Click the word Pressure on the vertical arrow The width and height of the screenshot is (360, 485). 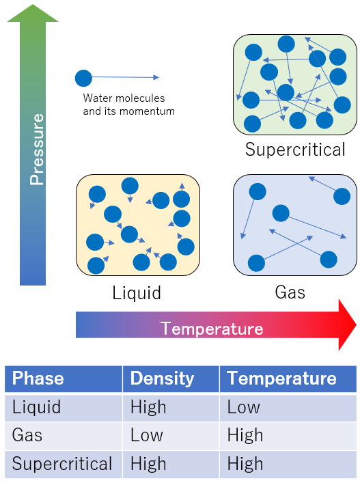tap(37, 150)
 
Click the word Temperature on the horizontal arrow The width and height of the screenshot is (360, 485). tap(212, 329)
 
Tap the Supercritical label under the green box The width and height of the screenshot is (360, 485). tap(295, 150)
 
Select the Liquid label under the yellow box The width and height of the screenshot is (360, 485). tap(137, 292)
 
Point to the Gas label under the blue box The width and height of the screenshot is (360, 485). tap(290, 292)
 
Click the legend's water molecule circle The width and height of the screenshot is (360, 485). tap(83, 78)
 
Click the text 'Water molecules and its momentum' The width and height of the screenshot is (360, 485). tap(128, 105)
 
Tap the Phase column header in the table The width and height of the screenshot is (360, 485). tap(38, 378)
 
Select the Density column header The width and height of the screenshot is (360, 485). tap(162, 378)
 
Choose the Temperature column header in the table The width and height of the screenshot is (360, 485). tap(281, 378)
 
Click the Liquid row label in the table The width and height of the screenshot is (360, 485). tap(36, 407)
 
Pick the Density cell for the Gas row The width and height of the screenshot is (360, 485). tap(147, 435)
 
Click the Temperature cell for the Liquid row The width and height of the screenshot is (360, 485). tap(244, 407)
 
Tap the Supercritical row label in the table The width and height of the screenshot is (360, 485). tap(62, 464)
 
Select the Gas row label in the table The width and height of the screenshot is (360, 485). tap(27, 435)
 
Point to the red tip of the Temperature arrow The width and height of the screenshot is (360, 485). tap(357, 324)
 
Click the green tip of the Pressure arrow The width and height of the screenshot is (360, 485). tap(33, 5)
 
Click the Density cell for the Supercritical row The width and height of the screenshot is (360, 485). tap(148, 464)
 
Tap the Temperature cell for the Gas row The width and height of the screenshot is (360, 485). tap(245, 435)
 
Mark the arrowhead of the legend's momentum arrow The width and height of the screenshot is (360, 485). tap(156, 77)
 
